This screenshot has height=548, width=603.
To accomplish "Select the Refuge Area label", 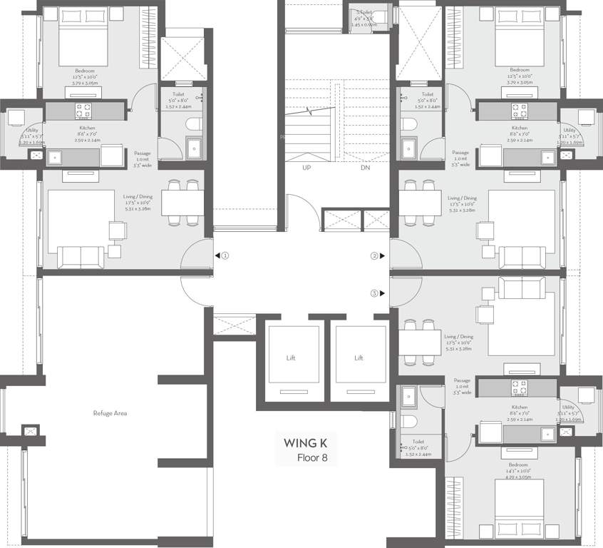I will [110, 413].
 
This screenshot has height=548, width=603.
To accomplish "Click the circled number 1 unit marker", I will [225, 255].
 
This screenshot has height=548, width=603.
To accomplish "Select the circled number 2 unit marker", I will [373, 255].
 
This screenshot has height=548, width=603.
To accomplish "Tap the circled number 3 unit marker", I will [373, 293].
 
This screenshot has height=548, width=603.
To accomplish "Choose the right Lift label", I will [359, 357].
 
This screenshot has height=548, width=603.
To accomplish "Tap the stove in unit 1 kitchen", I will [83, 111].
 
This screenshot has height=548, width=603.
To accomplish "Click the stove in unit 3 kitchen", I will [519, 387].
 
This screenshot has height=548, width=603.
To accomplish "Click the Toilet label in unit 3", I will [408, 442].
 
